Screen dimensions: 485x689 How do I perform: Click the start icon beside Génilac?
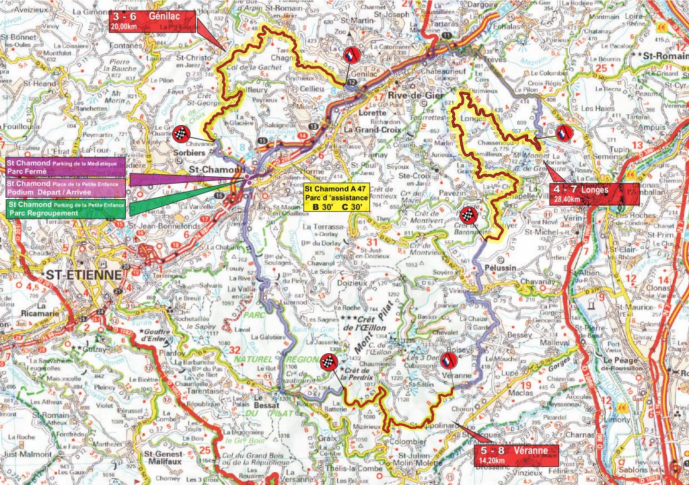tap(351, 56)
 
